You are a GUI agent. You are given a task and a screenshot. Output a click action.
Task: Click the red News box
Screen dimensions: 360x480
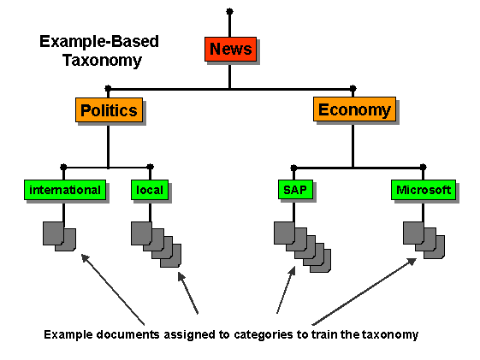coord(231,49)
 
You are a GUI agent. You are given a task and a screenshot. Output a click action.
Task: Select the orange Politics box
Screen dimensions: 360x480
coord(109,111)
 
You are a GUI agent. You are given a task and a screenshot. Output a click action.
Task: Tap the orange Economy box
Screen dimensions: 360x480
coord(354,109)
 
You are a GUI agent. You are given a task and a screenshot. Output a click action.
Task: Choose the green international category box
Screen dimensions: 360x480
coord(65,190)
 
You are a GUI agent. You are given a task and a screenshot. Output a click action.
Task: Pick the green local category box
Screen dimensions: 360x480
coord(149,190)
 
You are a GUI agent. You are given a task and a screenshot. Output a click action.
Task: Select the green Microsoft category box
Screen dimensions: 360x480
coord(424,190)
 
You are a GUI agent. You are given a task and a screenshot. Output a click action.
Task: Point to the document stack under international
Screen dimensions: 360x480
coord(59,235)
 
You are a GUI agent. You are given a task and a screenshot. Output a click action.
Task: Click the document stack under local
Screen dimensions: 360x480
coord(156,243)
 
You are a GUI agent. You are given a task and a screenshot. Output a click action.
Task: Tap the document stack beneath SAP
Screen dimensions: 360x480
coord(301,246)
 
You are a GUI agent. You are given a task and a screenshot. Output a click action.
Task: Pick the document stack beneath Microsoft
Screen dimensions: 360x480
coord(424,240)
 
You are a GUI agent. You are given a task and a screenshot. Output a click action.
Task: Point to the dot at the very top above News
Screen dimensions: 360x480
coord(229,11)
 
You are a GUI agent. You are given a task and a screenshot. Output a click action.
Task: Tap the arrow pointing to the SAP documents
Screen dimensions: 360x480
coord(285,291)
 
